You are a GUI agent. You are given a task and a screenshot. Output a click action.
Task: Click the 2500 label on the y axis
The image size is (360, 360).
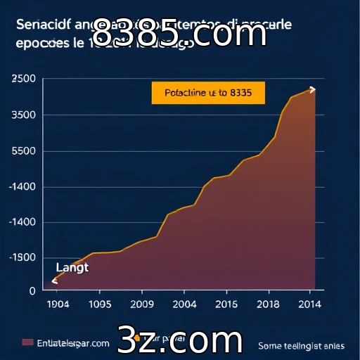24,79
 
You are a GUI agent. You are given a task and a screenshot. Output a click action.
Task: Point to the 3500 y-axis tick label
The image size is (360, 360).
24,115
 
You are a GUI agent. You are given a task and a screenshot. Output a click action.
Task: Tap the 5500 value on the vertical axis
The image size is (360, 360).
24,150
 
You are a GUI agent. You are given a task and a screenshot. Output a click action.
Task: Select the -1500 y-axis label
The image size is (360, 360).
22,257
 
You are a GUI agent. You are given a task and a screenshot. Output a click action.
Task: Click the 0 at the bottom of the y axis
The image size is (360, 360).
32,290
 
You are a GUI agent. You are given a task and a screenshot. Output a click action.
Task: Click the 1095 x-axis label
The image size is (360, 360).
100,304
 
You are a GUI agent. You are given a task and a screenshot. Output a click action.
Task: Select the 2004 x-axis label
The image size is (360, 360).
184,304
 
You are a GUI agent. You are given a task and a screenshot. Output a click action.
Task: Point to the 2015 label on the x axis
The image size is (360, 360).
226,304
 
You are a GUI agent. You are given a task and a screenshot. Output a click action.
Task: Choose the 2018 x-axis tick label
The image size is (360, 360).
268,304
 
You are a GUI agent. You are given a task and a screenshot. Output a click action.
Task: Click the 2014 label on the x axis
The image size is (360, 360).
309,304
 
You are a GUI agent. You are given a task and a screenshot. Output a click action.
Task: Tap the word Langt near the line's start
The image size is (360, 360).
72,267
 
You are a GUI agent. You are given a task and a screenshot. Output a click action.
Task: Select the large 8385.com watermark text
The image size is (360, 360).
179,33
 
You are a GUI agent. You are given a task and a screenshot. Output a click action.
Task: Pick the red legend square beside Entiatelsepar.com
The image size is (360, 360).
27,342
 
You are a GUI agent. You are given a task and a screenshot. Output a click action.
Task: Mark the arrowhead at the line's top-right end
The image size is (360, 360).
312,89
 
